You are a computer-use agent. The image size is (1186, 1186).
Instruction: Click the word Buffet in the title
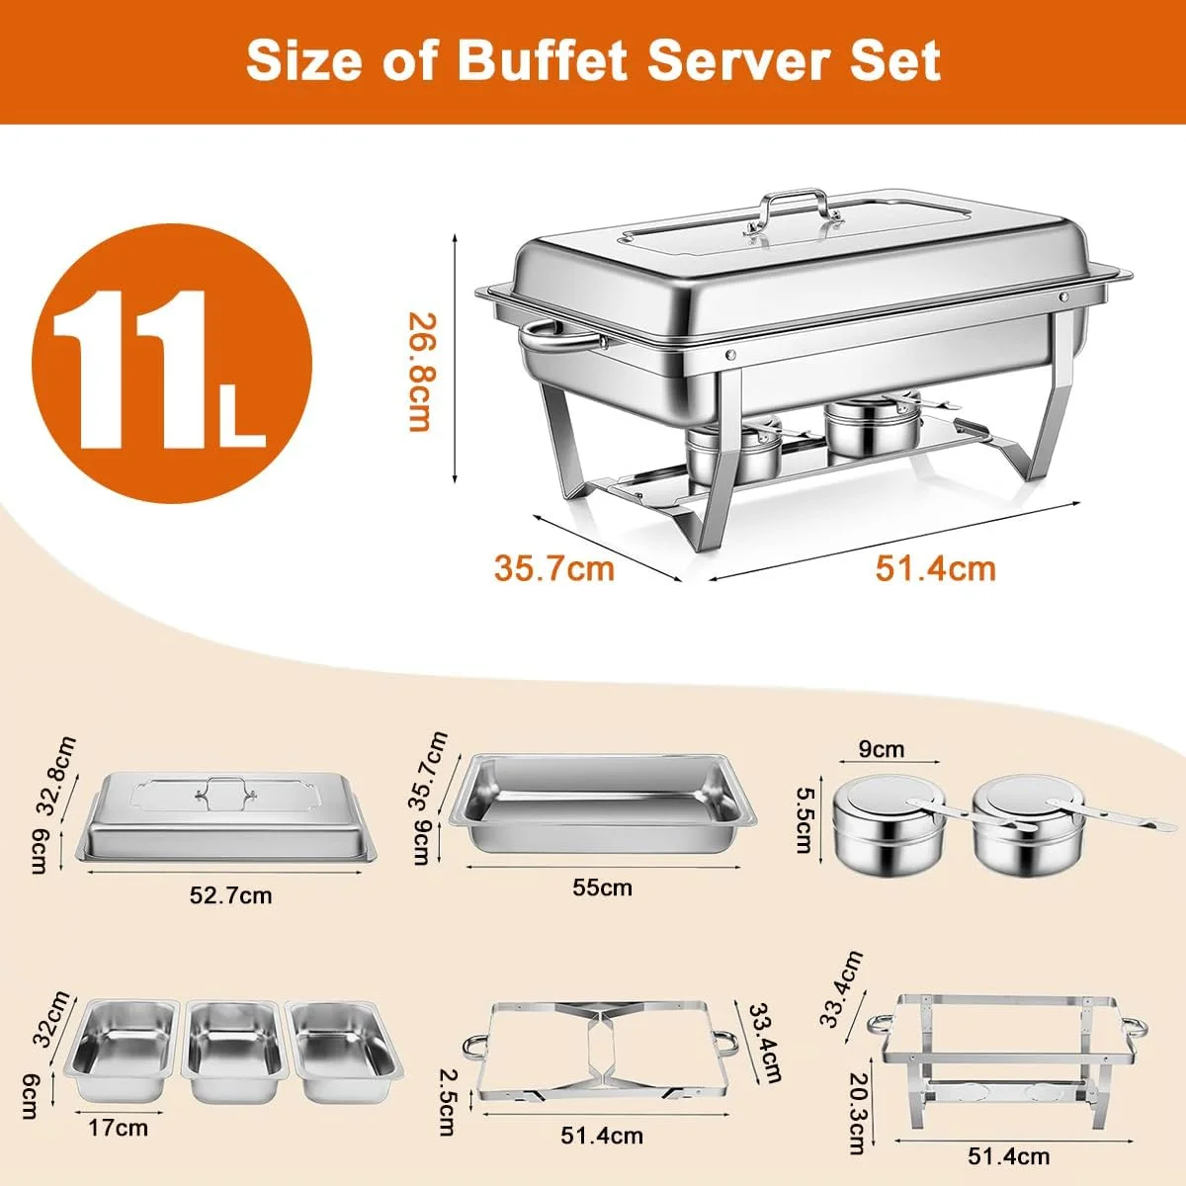[x=542, y=60]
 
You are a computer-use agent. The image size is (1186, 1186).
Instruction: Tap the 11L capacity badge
[x=172, y=363]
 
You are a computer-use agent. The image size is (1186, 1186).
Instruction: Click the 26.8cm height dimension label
[x=421, y=373]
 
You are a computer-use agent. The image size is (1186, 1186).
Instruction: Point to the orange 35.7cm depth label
[x=553, y=568]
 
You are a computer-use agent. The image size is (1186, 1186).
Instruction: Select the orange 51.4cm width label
[x=936, y=568]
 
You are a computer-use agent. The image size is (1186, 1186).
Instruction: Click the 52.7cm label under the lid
[x=230, y=894]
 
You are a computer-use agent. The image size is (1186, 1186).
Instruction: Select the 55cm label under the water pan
[x=602, y=888]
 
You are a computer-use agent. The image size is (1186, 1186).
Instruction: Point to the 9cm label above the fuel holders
[x=882, y=749]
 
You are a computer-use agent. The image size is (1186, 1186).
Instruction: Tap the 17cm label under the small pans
[x=118, y=1128]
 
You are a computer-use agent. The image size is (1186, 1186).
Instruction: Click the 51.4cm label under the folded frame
[x=601, y=1136]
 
